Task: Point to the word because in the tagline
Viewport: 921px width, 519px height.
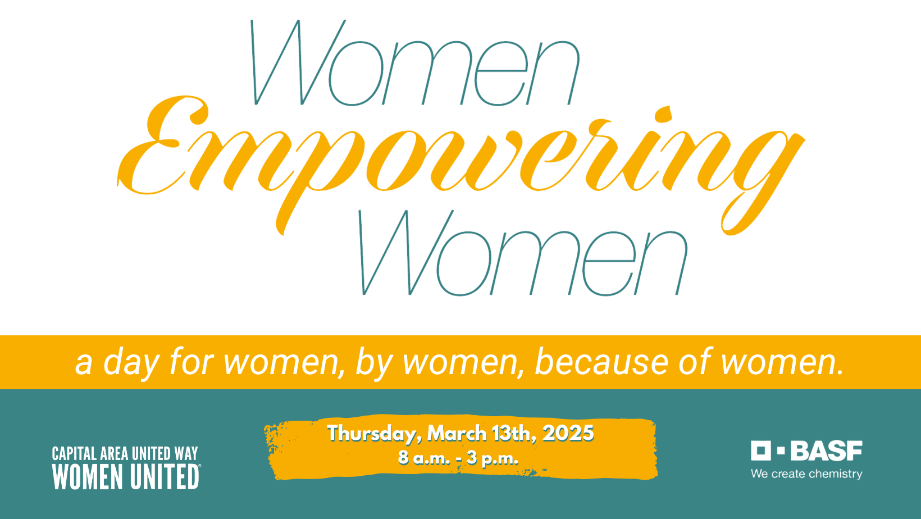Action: [601, 362]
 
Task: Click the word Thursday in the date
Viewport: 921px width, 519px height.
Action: [373, 434]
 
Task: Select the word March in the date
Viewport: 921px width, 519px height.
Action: [457, 433]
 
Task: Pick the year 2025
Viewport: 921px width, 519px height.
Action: [568, 433]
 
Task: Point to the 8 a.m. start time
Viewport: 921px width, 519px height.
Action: [425, 458]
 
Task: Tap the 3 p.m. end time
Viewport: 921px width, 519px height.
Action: [493, 458]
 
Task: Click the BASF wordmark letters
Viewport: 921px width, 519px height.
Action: [826, 451]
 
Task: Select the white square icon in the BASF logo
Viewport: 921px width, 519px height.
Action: [761, 450]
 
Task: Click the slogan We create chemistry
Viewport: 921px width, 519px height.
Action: [806, 474]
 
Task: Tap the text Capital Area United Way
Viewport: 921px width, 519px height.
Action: [125, 454]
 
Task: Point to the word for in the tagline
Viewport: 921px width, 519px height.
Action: [191, 362]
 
